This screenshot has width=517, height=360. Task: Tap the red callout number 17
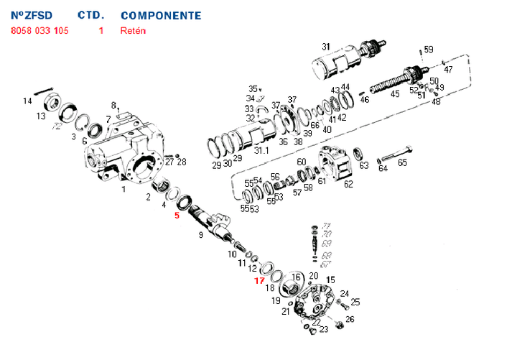pyautogui.click(x=259, y=280)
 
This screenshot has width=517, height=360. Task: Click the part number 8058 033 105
pyautogui.click(x=39, y=32)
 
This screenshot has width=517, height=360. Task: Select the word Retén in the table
pyautogui.click(x=133, y=32)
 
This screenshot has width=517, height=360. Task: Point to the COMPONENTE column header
pyautogui.click(x=161, y=15)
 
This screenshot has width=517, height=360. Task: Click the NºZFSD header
pyautogui.click(x=32, y=15)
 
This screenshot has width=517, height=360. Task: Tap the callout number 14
pyautogui.click(x=27, y=101)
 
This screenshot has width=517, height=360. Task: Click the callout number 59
pyautogui.click(x=429, y=50)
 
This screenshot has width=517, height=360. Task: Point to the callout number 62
pyautogui.click(x=348, y=184)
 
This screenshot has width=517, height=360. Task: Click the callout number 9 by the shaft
pyautogui.click(x=201, y=234)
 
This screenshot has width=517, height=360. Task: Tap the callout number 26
pyautogui.click(x=350, y=319)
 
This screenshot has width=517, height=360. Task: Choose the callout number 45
pyautogui.click(x=394, y=94)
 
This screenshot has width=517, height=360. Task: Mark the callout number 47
pyautogui.click(x=448, y=70)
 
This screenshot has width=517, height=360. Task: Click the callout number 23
pyautogui.click(x=324, y=330)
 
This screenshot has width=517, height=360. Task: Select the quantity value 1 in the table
pyautogui.click(x=101, y=32)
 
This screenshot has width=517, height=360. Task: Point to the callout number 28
pyautogui.click(x=182, y=162)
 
